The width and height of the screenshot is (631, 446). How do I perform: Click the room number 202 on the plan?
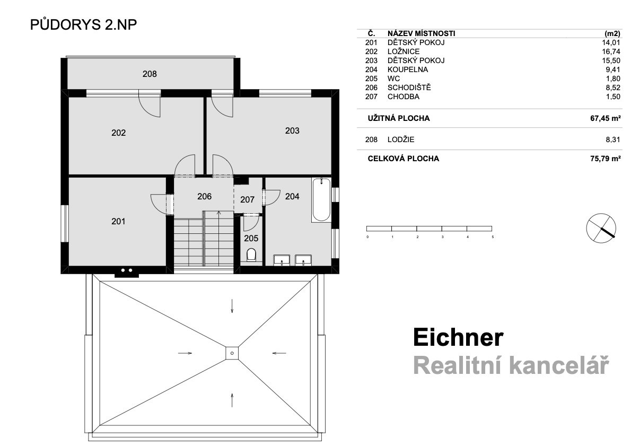coord(119,133)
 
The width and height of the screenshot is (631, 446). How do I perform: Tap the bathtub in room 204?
coord(321,199)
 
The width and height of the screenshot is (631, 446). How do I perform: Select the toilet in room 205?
coord(251,255)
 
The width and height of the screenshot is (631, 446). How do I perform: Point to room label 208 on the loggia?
coord(150,74)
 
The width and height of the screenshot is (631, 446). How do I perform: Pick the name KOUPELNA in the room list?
coord(408,69)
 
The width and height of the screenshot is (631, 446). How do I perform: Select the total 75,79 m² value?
coord(605,159)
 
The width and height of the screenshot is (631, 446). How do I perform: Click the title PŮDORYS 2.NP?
coord(83,24)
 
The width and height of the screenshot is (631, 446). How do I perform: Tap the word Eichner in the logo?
coord(458,337)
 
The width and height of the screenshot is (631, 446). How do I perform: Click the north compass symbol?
coord(601,228)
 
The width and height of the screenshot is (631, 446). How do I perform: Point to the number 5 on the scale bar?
coord(493,237)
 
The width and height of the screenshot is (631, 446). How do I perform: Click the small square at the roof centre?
coord(232,353)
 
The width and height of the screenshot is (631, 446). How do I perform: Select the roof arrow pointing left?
coord(279,353)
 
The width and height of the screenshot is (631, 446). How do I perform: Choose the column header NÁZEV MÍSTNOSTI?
coord(422,34)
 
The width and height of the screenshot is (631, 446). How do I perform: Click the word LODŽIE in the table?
coord(401,139)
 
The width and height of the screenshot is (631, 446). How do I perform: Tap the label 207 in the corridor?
coord(248,199)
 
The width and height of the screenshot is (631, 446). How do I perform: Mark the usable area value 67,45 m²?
coord(605,118)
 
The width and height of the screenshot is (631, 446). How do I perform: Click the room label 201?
coord(118,221)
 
